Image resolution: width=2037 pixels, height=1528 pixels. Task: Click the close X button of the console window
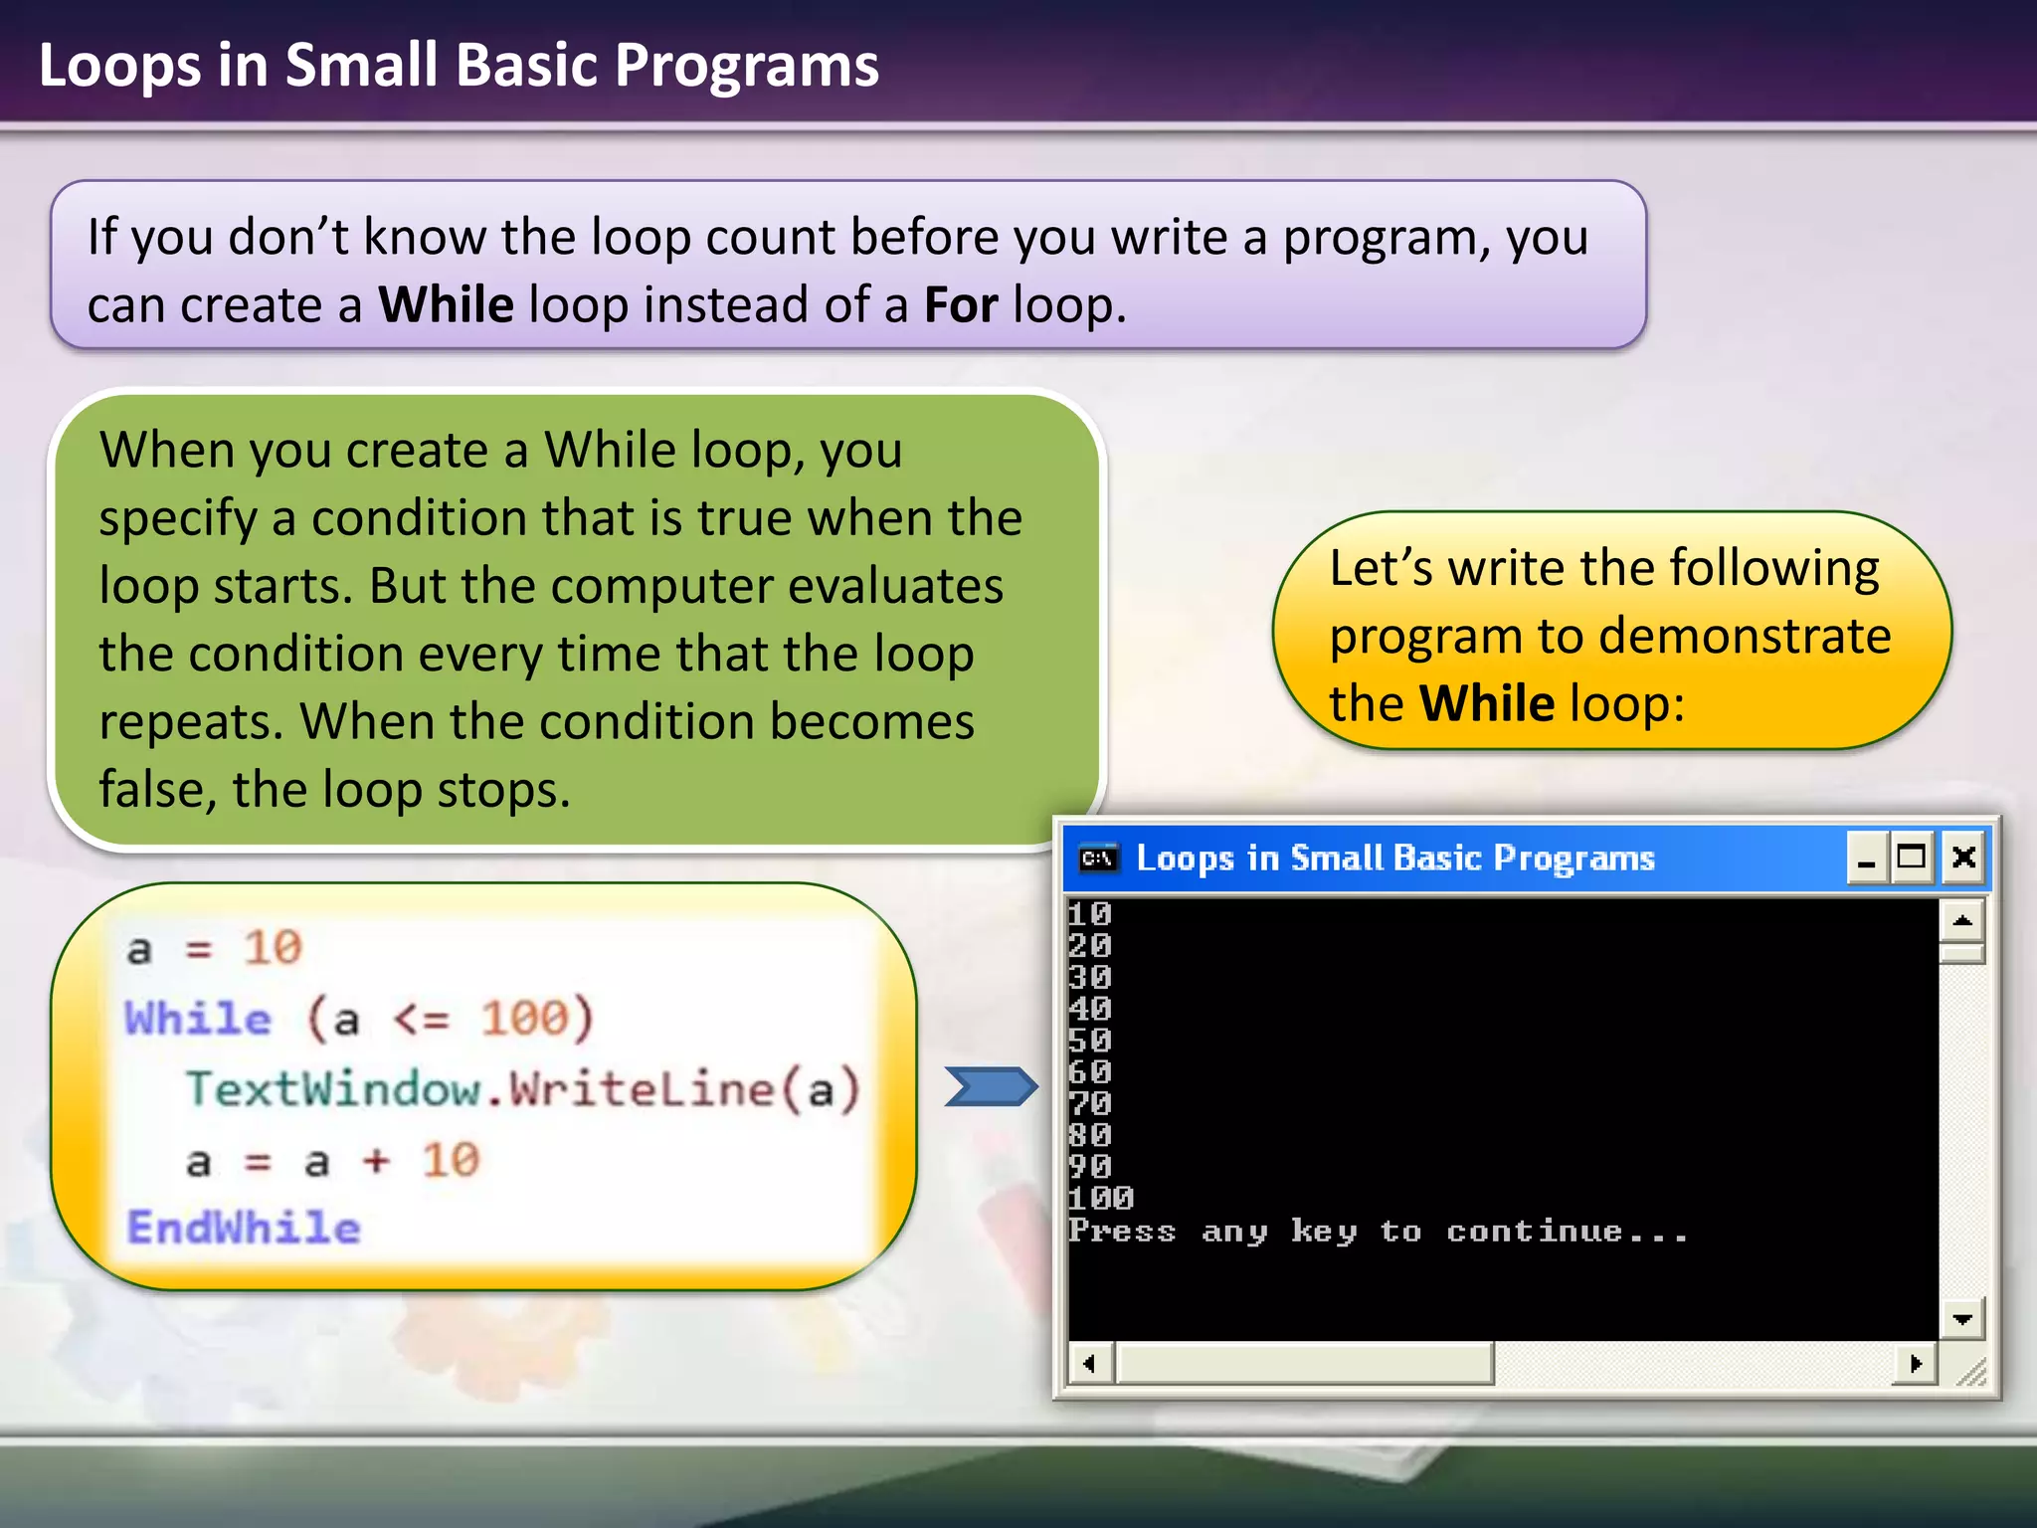pyautogui.click(x=1963, y=858)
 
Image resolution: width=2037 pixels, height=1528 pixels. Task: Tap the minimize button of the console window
pyautogui.click(x=1867, y=858)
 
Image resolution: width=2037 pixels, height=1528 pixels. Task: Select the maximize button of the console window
pyautogui.click(x=1912, y=858)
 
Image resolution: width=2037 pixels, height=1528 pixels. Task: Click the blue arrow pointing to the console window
pyautogui.click(x=990, y=1086)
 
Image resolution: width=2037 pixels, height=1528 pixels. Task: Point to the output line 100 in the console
pyautogui.click(x=1100, y=1198)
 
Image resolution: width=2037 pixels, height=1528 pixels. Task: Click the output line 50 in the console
pyautogui.click(x=1090, y=1041)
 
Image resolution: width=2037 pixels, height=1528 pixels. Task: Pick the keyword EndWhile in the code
pyautogui.click(x=244, y=1228)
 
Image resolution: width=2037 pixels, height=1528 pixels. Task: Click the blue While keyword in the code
pyautogui.click(x=198, y=1019)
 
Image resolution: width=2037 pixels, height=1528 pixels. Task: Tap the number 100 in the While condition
pyautogui.click(x=524, y=1019)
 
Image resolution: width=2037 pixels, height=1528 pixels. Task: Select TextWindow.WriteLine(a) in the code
pyautogui.click(x=523, y=1089)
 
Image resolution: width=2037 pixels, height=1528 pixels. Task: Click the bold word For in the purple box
pyautogui.click(x=961, y=304)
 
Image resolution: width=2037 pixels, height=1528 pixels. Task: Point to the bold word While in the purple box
pyautogui.click(x=446, y=304)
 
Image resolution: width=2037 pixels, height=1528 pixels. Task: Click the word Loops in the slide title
pyautogui.click(x=119, y=66)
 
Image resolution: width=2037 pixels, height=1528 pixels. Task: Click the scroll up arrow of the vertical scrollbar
pyautogui.click(x=1962, y=920)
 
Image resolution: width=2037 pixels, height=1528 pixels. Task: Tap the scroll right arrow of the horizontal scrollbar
pyautogui.click(x=1916, y=1363)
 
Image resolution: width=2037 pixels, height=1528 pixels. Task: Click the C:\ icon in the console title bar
pyautogui.click(x=1099, y=858)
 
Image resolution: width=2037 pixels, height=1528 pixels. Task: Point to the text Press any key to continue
pyautogui.click(x=1379, y=1232)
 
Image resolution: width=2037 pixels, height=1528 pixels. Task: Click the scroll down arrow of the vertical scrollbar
pyautogui.click(x=1962, y=1319)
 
